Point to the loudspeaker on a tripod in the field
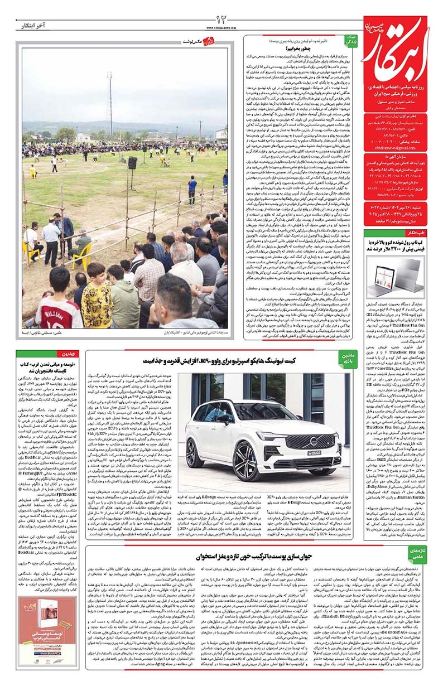133,163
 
